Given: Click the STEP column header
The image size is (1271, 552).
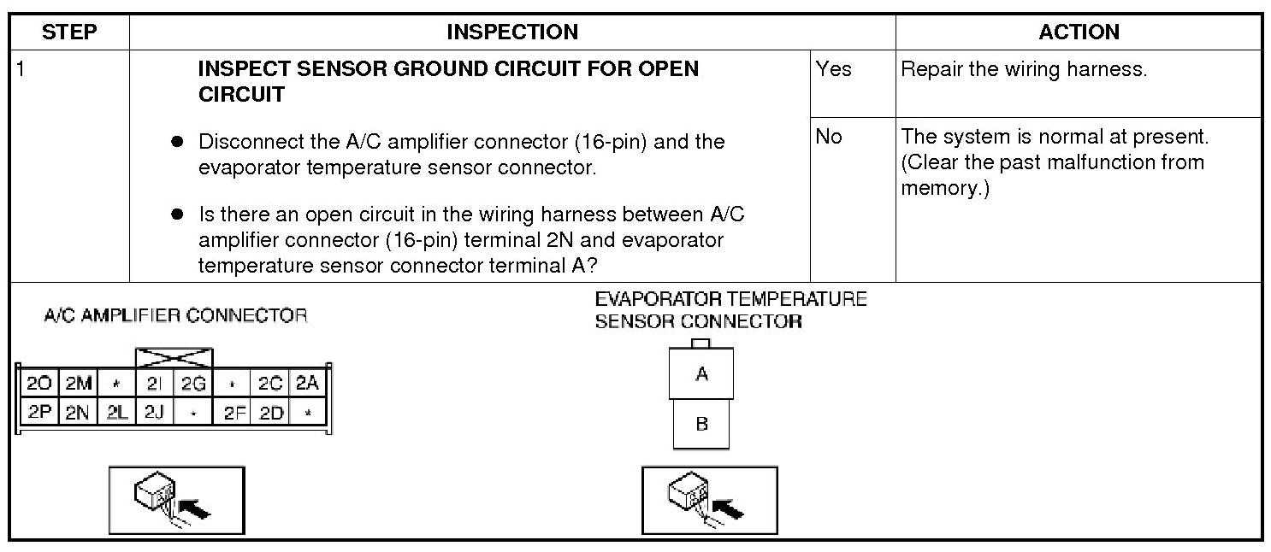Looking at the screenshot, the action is (x=69, y=32).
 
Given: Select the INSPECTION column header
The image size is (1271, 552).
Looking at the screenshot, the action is (x=512, y=32).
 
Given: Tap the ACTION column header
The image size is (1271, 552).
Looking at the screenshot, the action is (x=1079, y=32).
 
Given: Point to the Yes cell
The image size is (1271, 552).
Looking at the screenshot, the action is (x=834, y=69).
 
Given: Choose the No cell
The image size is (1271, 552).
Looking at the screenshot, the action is (x=829, y=137).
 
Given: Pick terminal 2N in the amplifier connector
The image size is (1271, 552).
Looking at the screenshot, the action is (x=78, y=413).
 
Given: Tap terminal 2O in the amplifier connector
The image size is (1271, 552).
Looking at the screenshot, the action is (x=39, y=384).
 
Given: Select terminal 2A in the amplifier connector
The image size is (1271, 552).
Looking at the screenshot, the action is (x=307, y=384).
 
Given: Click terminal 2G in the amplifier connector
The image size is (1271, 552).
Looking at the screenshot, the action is (x=192, y=384).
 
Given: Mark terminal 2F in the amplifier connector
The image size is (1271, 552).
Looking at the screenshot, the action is (x=233, y=413).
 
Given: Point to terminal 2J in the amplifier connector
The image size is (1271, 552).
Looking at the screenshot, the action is (x=154, y=413).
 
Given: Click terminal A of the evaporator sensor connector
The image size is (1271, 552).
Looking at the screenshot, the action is (x=701, y=373).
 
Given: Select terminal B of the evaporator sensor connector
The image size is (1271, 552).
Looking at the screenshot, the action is (x=701, y=424).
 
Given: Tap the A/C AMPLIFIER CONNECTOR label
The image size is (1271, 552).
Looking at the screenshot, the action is (x=175, y=316).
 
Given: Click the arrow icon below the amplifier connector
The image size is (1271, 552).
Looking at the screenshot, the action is (x=176, y=500).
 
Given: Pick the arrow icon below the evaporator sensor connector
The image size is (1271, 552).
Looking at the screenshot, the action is (x=709, y=500).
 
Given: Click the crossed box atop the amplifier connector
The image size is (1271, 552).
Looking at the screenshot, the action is (x=174, y=357).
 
